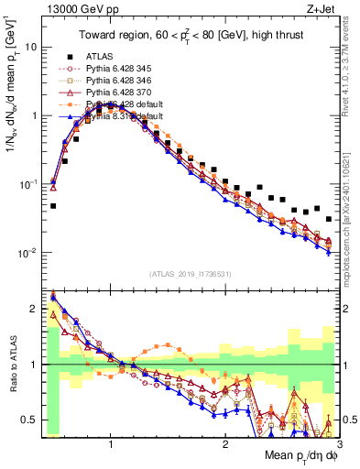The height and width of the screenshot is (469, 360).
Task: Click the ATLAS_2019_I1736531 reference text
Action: click(x=191, y=274)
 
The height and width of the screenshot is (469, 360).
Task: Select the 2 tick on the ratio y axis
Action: click(x=34, y=309)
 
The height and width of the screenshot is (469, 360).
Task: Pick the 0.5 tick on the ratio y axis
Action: click(x=30, y=420)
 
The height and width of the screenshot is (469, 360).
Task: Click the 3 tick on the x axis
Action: click(x=339, y=442)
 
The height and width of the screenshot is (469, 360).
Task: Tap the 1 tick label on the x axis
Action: click(x=111, y=442)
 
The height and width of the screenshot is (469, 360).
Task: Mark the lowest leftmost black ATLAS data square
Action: click(x=53, y=206)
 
